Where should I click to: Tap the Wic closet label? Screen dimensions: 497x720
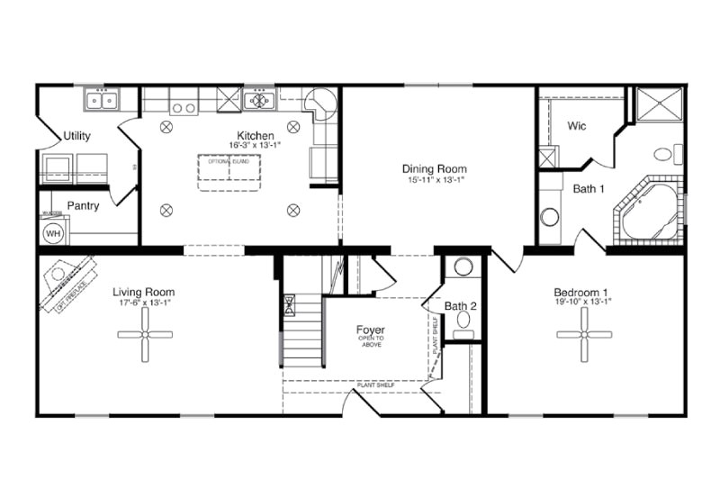coord(577,126)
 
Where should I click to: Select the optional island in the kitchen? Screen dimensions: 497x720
coord(229,167)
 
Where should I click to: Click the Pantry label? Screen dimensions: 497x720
coord(83,205)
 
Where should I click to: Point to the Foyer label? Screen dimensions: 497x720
coord(371,330)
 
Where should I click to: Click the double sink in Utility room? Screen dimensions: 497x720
coord(101,99)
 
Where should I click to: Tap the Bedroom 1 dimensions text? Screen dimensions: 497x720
coord(583,303)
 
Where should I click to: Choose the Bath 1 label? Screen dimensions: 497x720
coord(589,188)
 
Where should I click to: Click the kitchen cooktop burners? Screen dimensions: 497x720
coord(184,108)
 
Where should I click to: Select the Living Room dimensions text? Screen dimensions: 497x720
coord(144,303)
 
